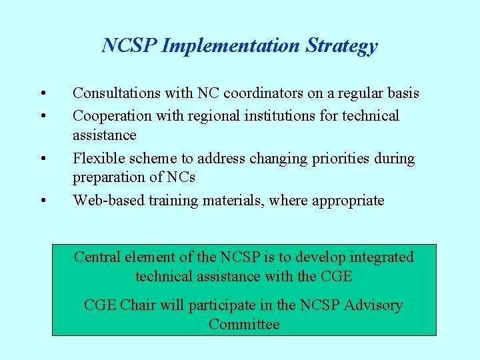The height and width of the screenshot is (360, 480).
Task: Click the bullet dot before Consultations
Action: (x=42, y=93)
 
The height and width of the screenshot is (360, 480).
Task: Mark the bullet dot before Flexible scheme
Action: (x=42, y=159)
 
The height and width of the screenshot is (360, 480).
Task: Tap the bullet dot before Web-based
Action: (x=42, y=201)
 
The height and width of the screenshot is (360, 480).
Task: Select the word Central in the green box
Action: (x=96, y=257)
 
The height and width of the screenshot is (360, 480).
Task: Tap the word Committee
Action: (x=244, y=325)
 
